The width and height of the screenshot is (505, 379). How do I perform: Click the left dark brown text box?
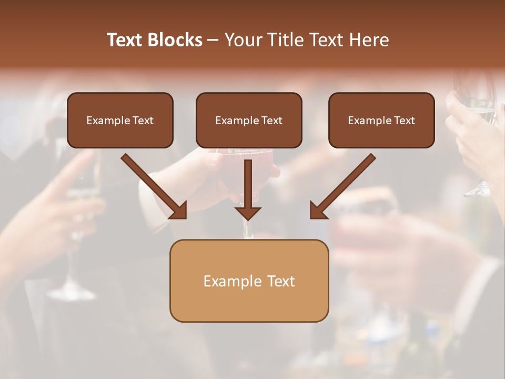point(120,120)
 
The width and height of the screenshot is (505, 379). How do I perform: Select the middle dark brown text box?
point(249,120)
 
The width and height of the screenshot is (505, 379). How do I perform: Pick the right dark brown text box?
point(381,120)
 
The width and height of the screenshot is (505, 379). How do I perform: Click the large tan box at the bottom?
point(249,281)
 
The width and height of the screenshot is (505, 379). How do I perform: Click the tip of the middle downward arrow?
point(248,218)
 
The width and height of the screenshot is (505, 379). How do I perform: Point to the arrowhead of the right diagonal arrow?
point(316,212)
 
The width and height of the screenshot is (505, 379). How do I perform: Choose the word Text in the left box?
point(143,121)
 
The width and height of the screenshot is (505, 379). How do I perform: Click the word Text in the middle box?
point(271,121)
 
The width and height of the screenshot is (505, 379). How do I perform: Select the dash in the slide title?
point(213,40)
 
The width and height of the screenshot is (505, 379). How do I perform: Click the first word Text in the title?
point(126,40)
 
